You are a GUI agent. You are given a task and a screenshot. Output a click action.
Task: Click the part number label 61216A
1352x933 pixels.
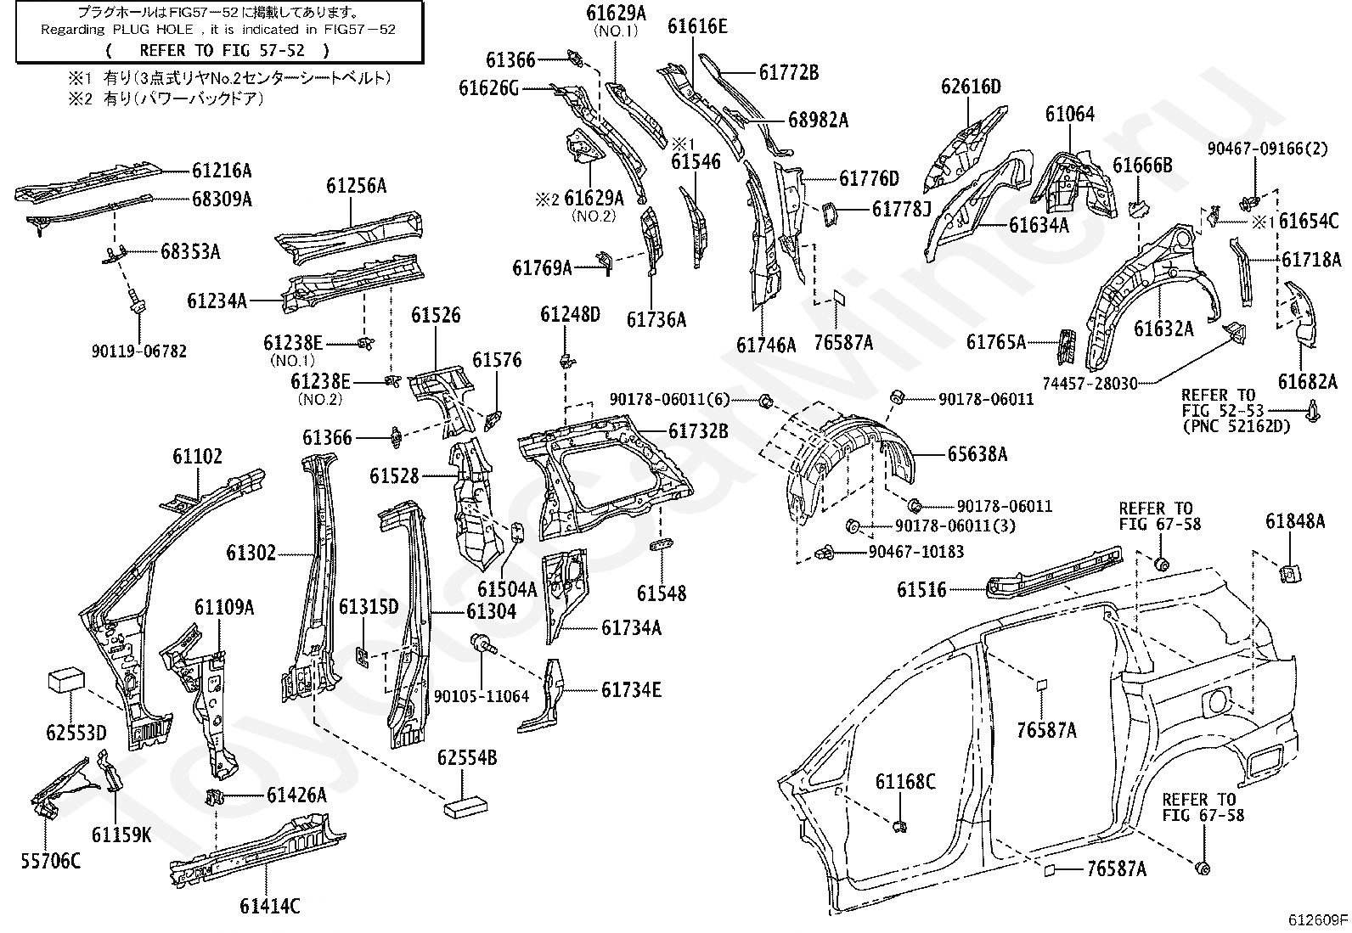coord(222,171)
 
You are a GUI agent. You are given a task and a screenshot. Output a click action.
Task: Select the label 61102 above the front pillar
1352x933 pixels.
coord(197,456)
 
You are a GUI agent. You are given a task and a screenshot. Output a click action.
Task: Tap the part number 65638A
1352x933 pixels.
coord(977,454)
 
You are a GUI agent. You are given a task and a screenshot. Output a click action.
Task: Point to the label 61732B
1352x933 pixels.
coord(698,431)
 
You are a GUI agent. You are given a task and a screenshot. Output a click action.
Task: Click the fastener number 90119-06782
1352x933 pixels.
coord(138,351)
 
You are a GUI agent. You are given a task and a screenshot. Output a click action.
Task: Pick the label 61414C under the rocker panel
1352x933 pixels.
coord(270,906)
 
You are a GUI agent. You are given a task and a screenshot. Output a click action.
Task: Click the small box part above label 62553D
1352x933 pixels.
coord(66,681)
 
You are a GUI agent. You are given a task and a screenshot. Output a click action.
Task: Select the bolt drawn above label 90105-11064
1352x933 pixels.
coord(483,644)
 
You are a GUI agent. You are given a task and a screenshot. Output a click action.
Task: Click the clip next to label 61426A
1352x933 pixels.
coord(216,797)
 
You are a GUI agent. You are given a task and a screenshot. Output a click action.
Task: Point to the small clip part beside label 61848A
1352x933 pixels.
coord(1291,573)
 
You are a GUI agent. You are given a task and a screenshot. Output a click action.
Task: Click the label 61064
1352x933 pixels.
coord(1070,114)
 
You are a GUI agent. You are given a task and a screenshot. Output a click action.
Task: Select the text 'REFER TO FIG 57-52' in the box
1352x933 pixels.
coord(223,51)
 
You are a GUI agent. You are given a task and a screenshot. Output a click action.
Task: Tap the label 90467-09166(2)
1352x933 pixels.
coord(1267,149)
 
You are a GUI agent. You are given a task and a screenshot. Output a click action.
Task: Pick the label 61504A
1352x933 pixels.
coord(507,589)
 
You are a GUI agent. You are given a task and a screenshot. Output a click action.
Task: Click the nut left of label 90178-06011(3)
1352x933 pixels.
coord(853,526)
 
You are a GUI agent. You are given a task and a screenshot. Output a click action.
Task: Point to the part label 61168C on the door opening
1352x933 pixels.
coord(905,782)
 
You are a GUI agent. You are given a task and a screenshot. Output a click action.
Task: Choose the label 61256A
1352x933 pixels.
coord(356,186)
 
